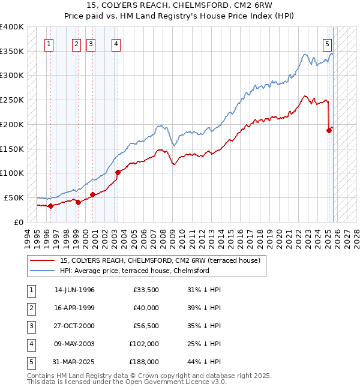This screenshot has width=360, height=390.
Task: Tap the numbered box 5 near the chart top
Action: tap(327, 43)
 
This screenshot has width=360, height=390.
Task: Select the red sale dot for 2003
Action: tap(118, 172)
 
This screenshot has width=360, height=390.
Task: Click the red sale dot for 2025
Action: tap(329, 130)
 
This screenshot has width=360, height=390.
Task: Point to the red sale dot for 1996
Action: tap(50, 206)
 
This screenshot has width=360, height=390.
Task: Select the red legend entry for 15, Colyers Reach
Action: tap(160, 260)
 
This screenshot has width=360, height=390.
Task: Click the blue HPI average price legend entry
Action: tap(134, 271)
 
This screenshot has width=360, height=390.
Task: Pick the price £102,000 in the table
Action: tap(144, 344)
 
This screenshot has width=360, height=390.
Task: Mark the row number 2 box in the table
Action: tap(31, 308)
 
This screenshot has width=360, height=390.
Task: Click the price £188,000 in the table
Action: tap(144, 362)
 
